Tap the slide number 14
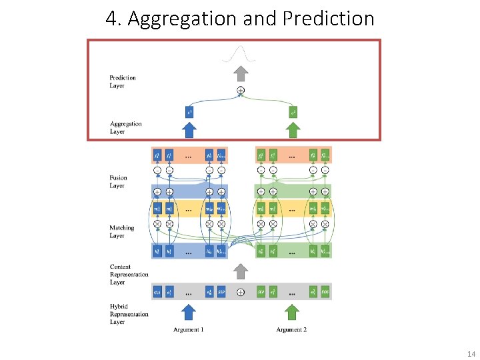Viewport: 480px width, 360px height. [x=471, y=353]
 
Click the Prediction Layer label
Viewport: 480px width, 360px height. [x=123, y=81]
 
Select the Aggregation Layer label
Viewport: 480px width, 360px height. [x=126, y=127]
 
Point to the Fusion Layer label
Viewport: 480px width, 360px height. [x=117, y=181]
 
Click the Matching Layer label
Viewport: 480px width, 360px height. [x=122, y=231]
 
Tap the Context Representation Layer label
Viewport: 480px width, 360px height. [x=129, y=274]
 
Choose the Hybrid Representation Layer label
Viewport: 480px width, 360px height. [x=129, y=314]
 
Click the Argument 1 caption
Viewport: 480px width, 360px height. [x=189, y=330]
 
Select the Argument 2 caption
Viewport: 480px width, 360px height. [x=291, y=330]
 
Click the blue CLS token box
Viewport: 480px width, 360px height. [x=157, y=293]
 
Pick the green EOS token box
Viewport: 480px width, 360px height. [x=325, y=293]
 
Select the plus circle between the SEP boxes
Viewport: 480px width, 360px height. [x=241, y=293]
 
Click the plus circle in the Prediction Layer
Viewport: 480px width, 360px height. [x=241, y=90]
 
